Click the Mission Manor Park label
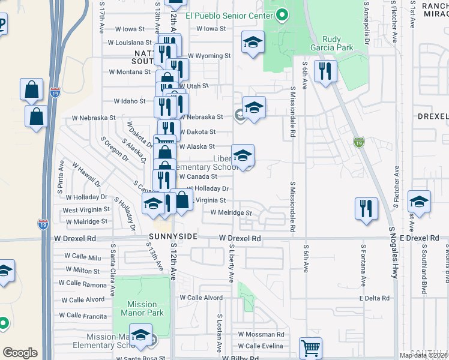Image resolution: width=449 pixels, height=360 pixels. point(139,308)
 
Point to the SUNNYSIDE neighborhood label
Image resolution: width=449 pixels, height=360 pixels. point(173,237)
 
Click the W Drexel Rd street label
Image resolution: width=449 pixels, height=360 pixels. point(240,238)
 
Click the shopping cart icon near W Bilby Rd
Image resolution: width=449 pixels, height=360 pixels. point(310,347)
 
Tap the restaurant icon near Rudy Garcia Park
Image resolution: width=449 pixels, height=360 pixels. point(325,71)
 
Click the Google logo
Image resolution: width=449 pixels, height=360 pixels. point(20,353)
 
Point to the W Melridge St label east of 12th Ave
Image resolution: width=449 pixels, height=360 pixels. point(231,212)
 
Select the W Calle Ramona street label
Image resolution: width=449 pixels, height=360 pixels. point(82,284)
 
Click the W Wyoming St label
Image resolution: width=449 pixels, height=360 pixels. point(209,56)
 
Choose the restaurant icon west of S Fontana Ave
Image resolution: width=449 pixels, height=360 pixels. point(366,209)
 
